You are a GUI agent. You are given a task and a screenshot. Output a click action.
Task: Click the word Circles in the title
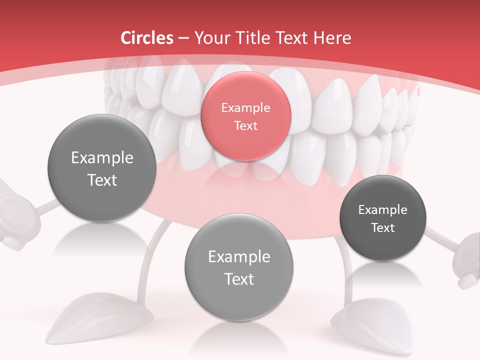[146, 38]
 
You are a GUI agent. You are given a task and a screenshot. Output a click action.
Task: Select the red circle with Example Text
[245, 116]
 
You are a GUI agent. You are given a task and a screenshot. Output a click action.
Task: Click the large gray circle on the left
[102, 168]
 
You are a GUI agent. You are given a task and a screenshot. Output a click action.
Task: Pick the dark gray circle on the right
[382, 218]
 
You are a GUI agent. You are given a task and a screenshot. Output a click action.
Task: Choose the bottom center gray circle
[239, 267]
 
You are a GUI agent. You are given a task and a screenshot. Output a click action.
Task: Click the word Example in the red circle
[245, 107]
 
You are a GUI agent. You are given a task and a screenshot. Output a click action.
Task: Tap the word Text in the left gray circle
[102, 180]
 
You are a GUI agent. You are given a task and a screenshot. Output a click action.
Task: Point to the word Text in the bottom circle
[239, 279]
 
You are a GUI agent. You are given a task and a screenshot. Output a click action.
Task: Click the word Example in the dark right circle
[382, 209]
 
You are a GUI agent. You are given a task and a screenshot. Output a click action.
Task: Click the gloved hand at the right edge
[467, 260]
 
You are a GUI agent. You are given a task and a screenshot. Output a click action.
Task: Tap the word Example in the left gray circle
[102, 158]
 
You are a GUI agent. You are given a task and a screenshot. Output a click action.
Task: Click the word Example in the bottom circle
[239, 257]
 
